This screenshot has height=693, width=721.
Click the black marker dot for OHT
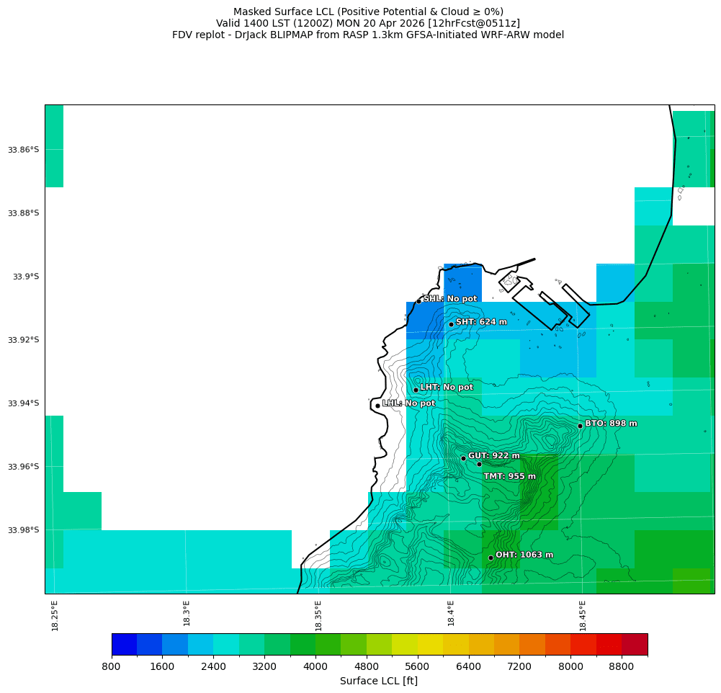tap(491, 558)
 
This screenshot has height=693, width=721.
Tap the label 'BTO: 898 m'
tap(611, 424)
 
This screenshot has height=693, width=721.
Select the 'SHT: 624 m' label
tap(481, 322)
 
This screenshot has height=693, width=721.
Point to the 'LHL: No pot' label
tap(408, 403)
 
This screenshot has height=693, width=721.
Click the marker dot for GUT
tap(463, 458)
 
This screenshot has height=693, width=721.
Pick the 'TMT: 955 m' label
tap(509, 476)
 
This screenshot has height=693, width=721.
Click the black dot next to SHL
tap(418, 301)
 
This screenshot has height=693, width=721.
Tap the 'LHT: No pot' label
tap(447, 388)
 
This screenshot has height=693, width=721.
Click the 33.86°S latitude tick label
tap(23, 150)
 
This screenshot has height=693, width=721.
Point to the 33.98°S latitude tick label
tap(23, 530)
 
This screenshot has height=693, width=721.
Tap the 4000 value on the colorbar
tap(315, 667)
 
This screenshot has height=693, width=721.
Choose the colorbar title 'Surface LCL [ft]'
tap(379, 681)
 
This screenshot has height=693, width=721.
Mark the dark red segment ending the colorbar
tap(635, 644)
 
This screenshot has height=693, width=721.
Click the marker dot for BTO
tap(580, 426)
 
